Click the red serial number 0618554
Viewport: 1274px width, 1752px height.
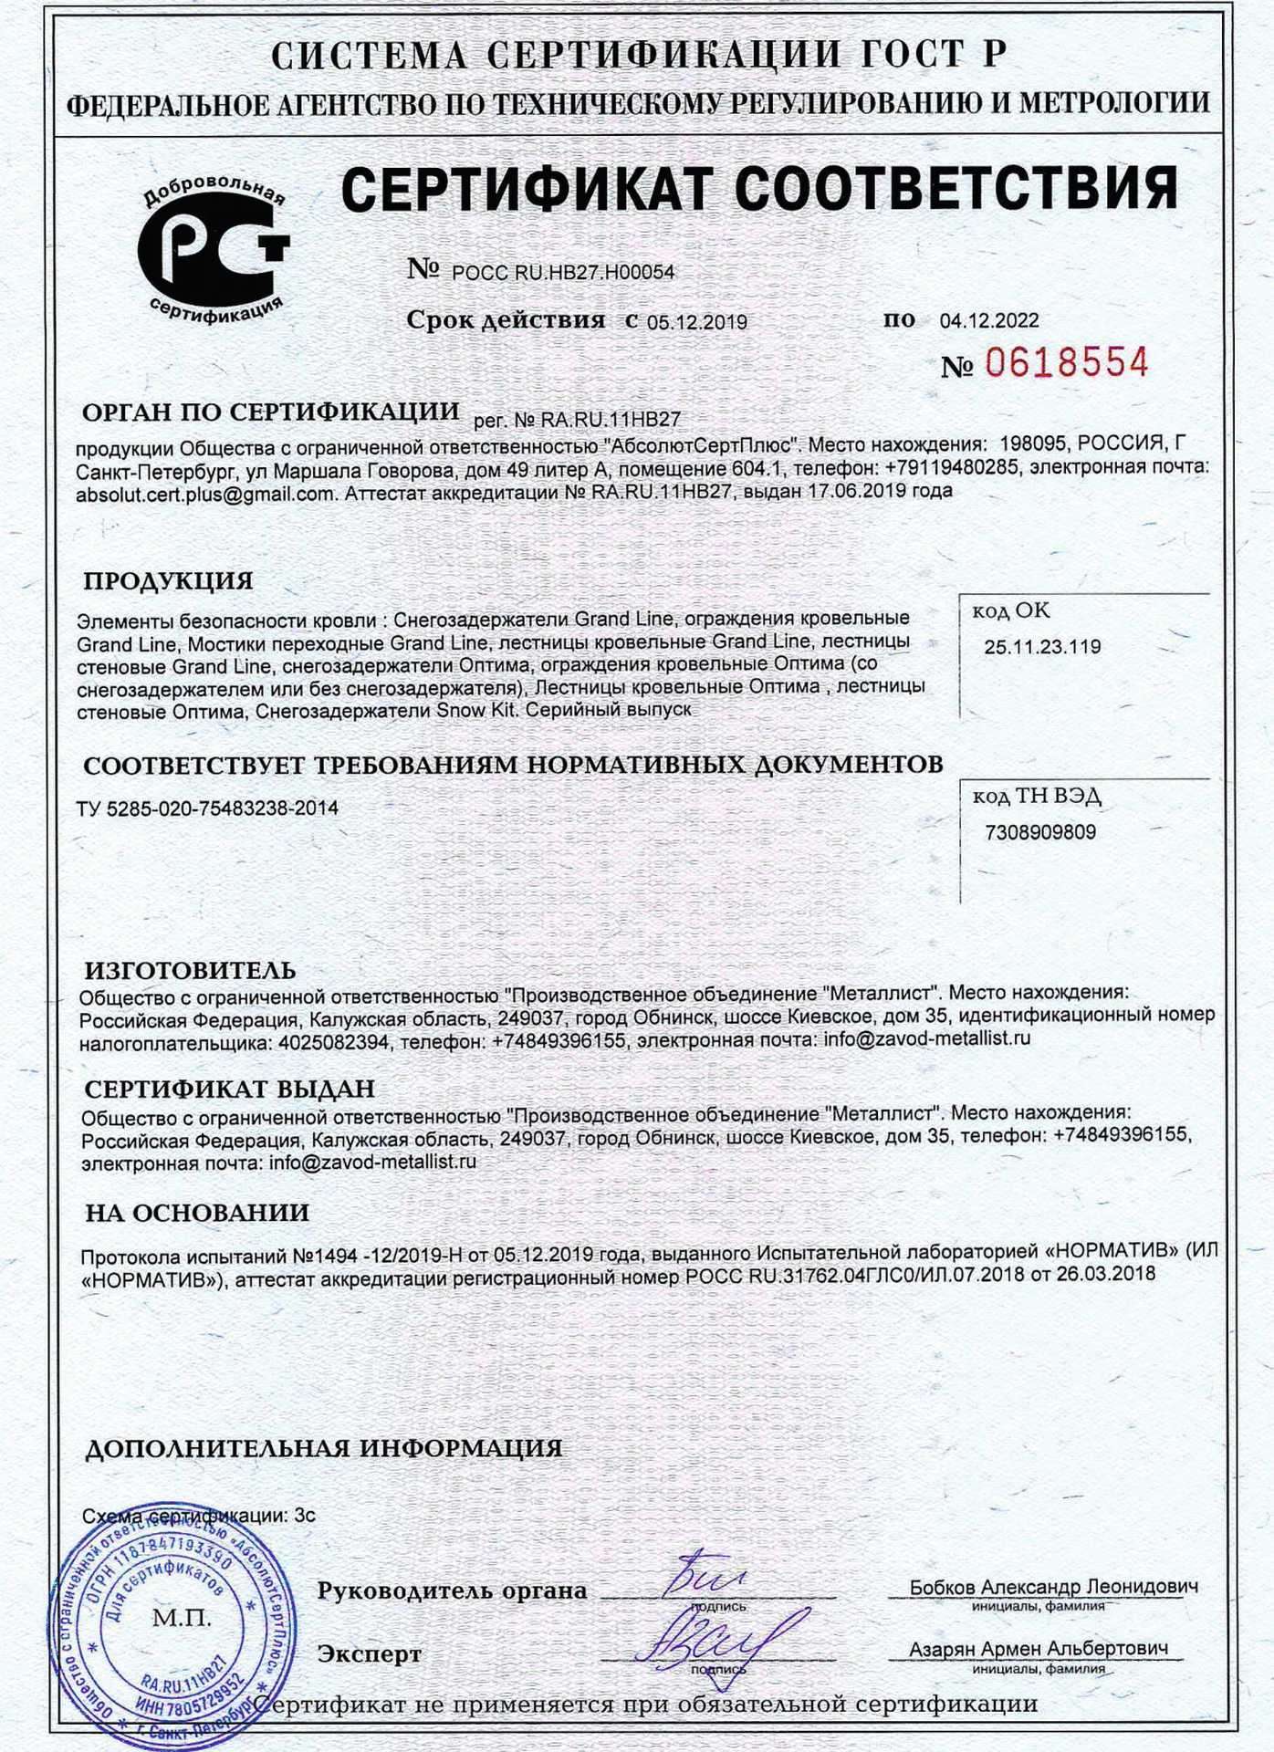pyautogui.click(x=1065, y=363)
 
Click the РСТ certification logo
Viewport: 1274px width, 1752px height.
pyautogui.click(x=214, y=250)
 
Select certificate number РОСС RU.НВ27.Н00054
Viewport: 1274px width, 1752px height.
pyautogui.click(x=563, y=272)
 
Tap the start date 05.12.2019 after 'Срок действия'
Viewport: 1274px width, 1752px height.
pyautogui.click(x=697, y=322)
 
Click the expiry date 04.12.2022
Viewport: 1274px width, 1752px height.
pyautogui.click(x=989, y=321)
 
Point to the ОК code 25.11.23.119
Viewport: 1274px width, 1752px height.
pyautogui.click(x=1042, y=648)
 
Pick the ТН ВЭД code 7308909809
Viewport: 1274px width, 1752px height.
pyautogui.click(x=1040, y=832)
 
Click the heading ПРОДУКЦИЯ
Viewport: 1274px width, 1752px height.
pyautogui.click(x=168, y=581)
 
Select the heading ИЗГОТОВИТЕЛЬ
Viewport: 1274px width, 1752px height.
pyautogui.click(x=190, y=970)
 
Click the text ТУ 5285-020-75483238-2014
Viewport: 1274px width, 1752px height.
pyautogui.click(x=208, y=808)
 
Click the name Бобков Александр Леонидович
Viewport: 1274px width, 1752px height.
pyautogui.click(x=1053, y=1587)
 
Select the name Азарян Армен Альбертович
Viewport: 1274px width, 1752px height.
pyautogui.click(x=1039, y=1649)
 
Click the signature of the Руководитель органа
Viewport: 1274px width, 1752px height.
pyautogui.click(x=702, y=1576)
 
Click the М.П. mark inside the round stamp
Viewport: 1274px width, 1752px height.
pyautogui.click(x=182, y=1619)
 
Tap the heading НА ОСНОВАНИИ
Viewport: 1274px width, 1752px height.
pyautogui.click(x=197, y=1213)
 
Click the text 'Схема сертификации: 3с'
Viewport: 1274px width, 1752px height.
pyautogui.click(x=199, y=1516)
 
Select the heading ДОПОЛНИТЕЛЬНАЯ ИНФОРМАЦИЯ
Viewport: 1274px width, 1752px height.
pyautogui.click(x=323, y=1448)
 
